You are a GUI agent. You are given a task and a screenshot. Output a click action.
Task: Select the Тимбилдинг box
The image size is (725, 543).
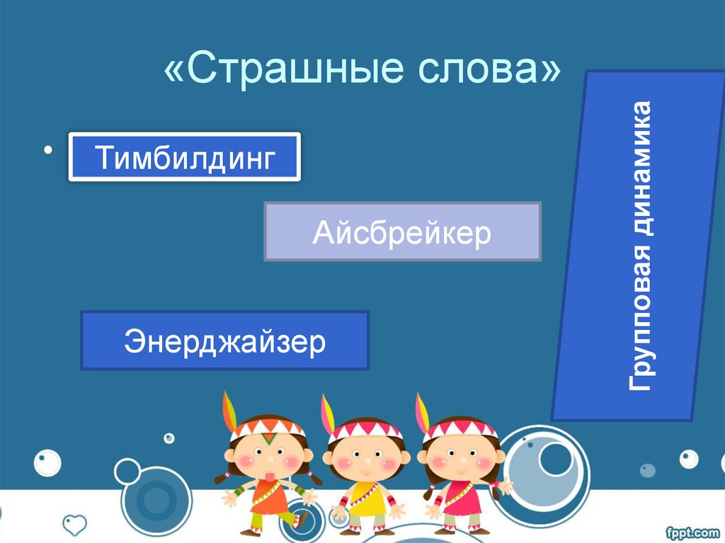(184, 156)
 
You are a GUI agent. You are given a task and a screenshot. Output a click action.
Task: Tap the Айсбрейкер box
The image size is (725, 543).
(402, 232)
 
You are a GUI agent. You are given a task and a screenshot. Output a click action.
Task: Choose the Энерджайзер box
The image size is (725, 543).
(224, 341)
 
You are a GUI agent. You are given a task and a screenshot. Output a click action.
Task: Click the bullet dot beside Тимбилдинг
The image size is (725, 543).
(49, 150)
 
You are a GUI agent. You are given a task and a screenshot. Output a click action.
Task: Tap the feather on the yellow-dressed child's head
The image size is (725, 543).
(327, 415)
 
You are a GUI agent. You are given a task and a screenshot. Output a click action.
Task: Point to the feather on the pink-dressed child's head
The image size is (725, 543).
(422, 413)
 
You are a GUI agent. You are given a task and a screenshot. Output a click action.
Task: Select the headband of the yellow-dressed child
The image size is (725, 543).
(365, 430)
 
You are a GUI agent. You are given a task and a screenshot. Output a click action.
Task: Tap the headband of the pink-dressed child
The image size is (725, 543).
(460, 428)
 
